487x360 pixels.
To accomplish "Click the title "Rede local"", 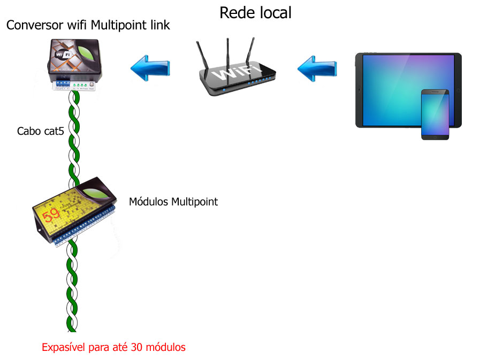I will tap(255, 12).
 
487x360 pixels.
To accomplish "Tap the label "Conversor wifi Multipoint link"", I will tap(88, 25).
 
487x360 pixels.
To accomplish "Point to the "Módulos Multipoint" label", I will tap(173, 202).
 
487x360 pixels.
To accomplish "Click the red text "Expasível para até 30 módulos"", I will tap(113, 347).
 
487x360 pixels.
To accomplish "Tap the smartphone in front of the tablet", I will tap(435, 114).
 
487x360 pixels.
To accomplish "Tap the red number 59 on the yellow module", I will tap(52, 215).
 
